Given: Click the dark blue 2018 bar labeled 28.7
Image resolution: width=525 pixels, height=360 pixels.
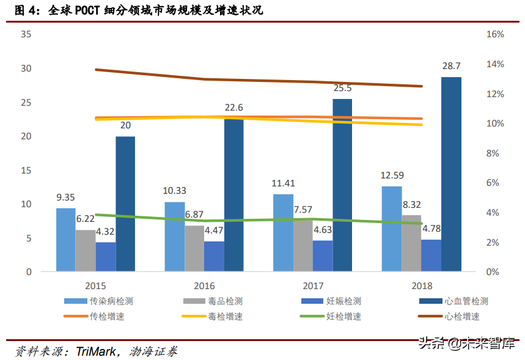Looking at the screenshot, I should (x=451, y=174).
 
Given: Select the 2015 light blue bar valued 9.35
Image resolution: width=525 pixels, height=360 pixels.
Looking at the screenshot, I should (x=66, y=240).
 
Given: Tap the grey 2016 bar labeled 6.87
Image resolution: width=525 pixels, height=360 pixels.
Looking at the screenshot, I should (x=194, y=248).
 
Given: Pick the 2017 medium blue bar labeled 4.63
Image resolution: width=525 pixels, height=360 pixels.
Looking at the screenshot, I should (x=323, y=255).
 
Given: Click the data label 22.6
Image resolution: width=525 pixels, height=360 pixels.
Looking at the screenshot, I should (x=233, y=108).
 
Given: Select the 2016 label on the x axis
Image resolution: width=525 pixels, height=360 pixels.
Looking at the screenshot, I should (x=204, y=285).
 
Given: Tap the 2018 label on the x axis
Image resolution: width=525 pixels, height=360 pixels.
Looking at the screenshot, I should (x=421, y=285).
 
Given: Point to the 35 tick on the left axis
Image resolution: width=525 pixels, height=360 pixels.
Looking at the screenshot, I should (x=26, y=34).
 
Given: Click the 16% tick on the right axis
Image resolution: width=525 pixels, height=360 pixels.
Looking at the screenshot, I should (x=494, y=34).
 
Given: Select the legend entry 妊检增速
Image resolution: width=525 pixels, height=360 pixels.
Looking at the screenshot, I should (x=343, y=317).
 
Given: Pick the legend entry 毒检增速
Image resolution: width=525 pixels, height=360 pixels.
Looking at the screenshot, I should (x=225, y=317).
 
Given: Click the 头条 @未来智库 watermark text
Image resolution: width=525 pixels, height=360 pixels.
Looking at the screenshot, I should (x=466, y=343).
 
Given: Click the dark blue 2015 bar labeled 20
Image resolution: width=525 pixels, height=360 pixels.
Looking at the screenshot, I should (x=125, y=204).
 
